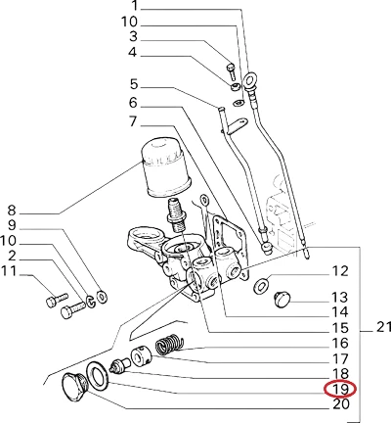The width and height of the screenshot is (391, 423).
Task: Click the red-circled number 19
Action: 340,389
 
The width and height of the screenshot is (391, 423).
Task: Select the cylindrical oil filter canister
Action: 166,167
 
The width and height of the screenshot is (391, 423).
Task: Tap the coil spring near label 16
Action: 169,345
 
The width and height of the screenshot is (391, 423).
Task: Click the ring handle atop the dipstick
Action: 250,79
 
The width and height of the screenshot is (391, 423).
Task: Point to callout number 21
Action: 383,327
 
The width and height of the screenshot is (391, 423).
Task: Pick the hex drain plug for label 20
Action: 74,389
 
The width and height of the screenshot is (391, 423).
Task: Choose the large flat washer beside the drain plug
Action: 98,378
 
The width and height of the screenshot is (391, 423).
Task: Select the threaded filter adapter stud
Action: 176,214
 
